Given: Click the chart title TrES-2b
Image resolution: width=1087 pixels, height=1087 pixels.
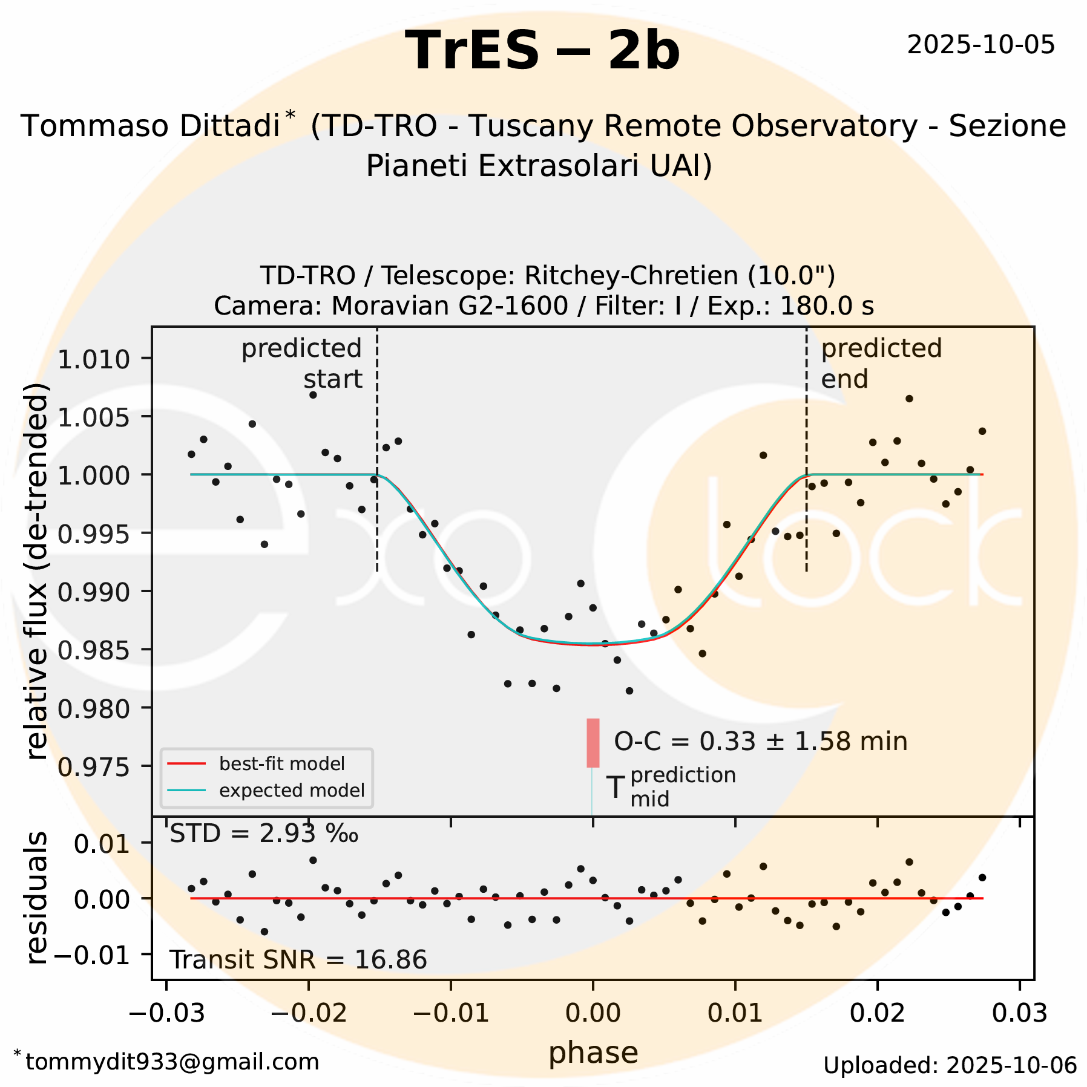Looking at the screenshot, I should coord(542,51).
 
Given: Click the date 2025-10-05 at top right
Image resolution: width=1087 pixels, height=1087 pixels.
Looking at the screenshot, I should coord(980,45).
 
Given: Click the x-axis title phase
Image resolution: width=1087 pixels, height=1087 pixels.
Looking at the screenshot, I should coord(593,1053).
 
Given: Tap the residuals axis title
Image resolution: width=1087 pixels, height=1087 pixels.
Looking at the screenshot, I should coord(36,898).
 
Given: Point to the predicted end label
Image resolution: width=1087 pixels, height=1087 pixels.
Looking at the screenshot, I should coord(881,364).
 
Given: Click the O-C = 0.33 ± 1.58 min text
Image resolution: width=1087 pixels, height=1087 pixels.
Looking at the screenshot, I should coord(760,742).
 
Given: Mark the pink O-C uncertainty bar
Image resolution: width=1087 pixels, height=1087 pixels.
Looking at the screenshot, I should coord(593,743).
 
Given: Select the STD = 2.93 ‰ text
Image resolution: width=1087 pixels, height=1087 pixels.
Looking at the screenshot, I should coord(264,834).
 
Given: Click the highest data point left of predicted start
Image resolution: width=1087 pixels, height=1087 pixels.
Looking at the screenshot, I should coord(313,395).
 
